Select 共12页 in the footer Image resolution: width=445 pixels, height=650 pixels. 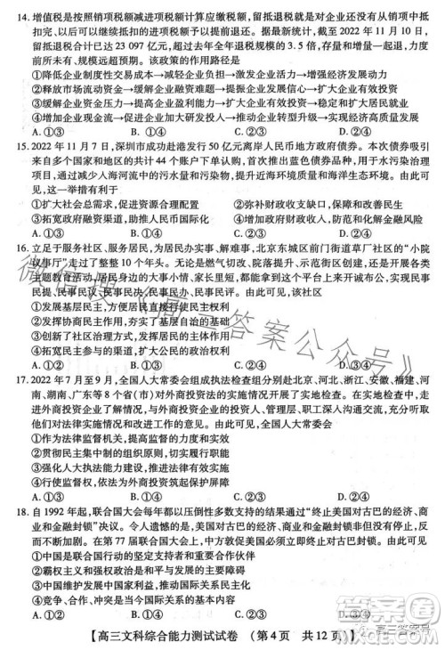[x=330, y=638]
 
